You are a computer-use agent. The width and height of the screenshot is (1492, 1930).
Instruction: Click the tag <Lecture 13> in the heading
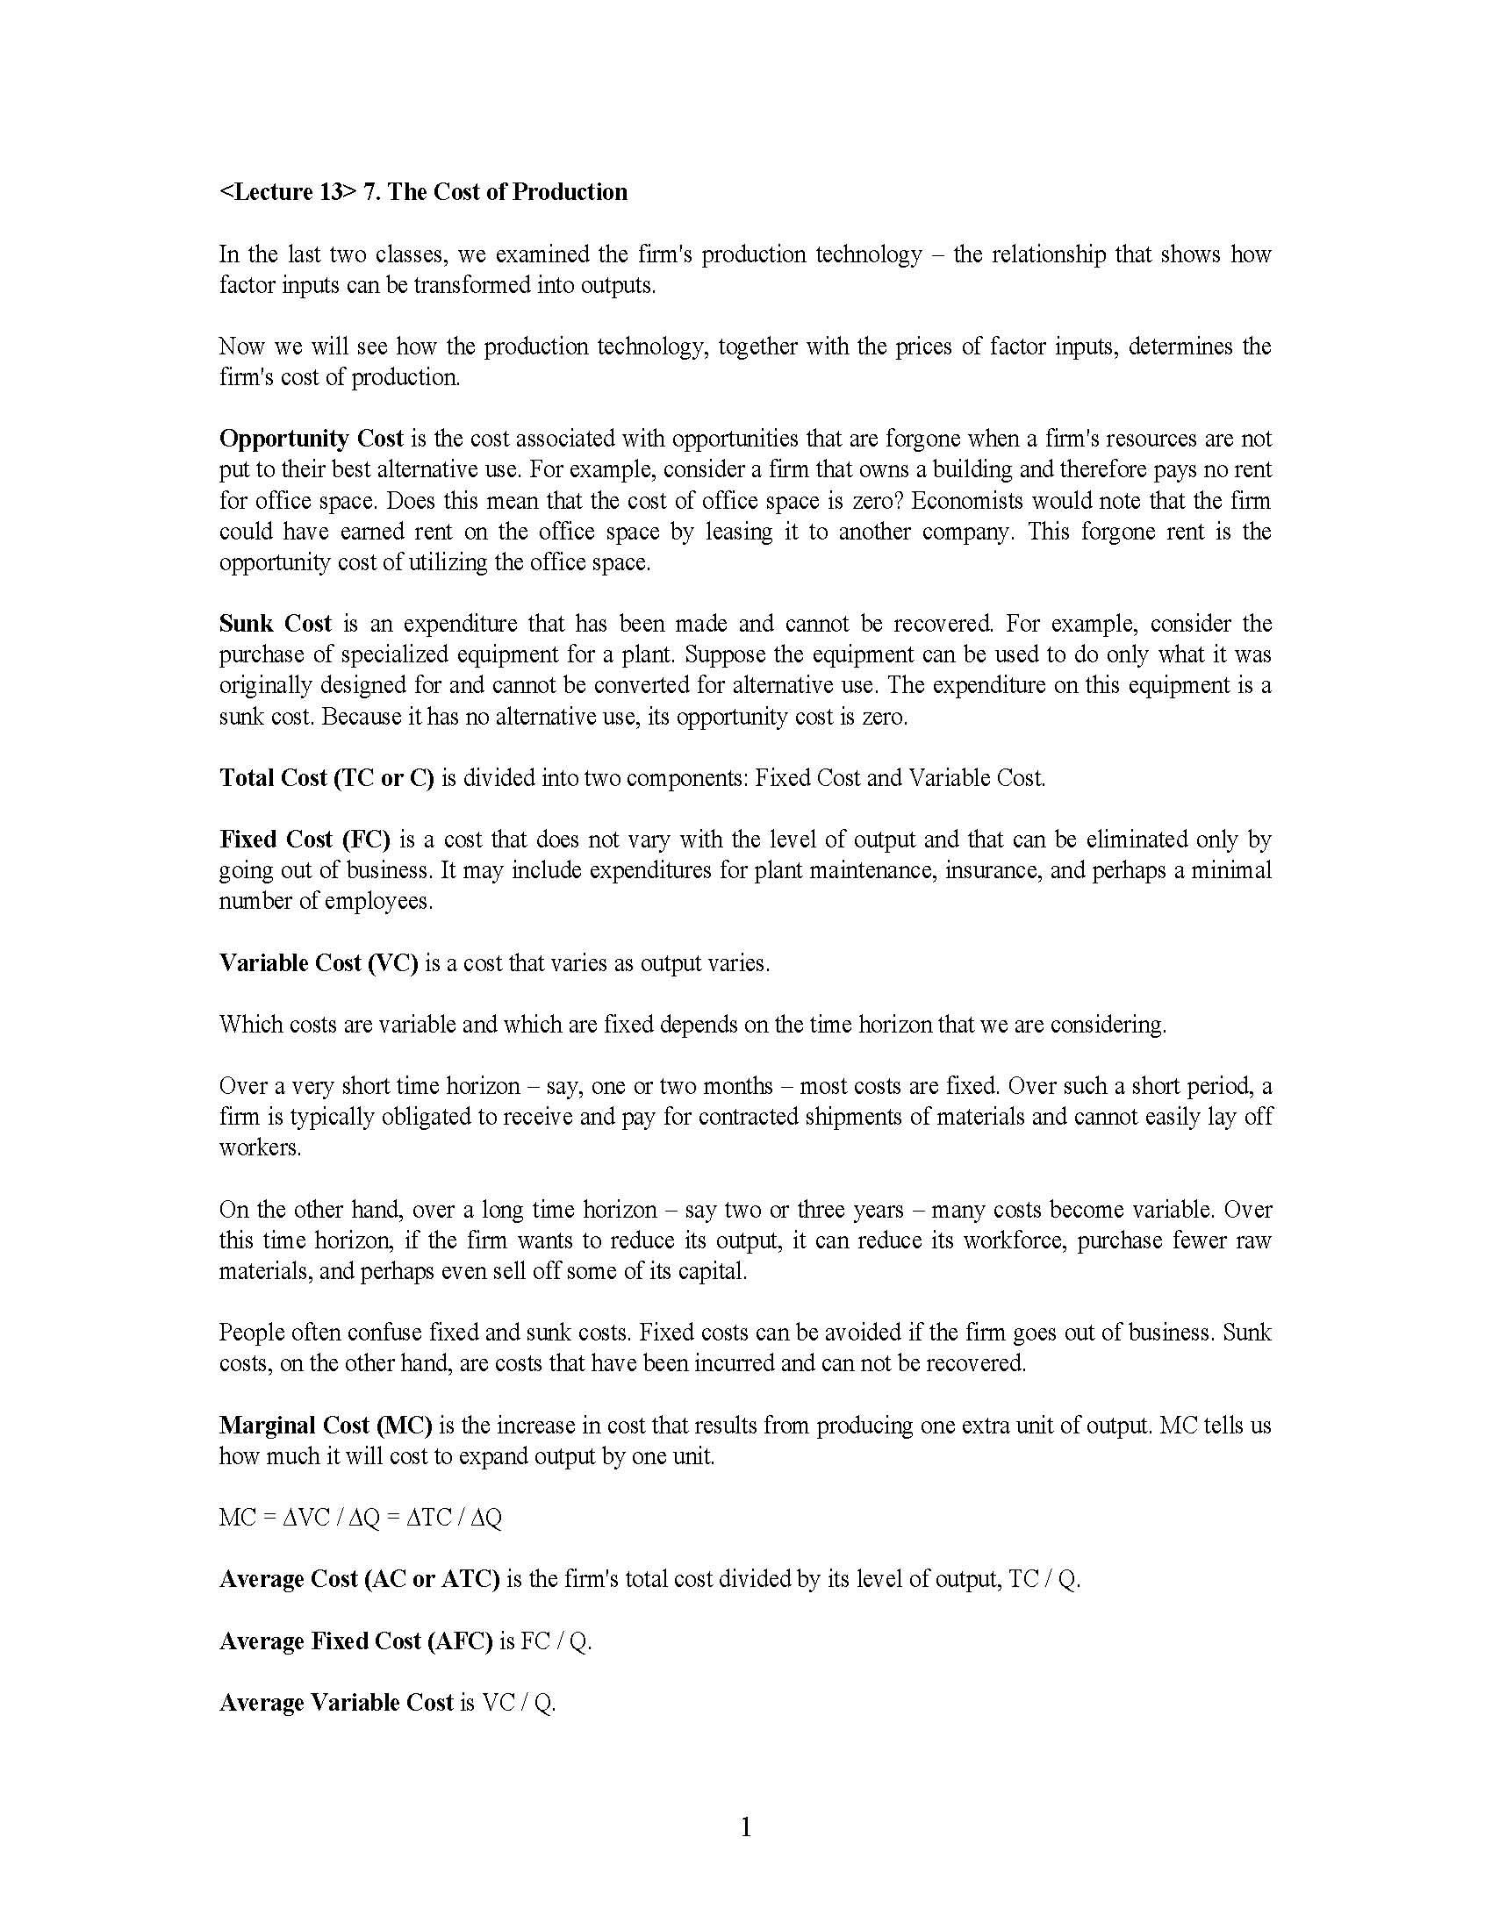[281, 192]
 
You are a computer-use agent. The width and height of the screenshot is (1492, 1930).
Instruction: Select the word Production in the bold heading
[570, 192]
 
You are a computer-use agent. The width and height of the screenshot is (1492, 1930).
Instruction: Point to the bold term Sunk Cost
[275, 623]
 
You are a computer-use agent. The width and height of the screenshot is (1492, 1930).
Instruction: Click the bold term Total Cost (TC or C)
[326, 777]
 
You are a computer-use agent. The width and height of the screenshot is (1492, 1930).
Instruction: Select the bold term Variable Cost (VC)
[319, 962]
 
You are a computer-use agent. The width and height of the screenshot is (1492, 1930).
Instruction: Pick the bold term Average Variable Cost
[336, 1703]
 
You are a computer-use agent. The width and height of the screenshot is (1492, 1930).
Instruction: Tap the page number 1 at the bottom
[745, 1826]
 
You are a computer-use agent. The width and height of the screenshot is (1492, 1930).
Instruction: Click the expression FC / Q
[555, 1641]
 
